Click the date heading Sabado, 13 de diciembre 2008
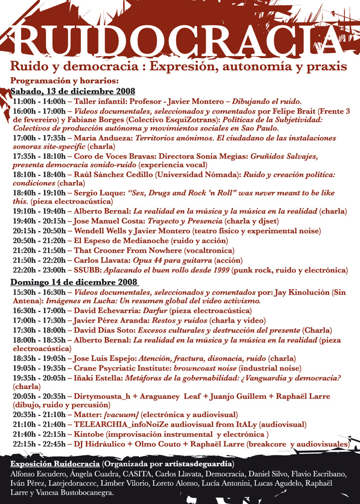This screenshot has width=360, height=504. [x=73, y=91]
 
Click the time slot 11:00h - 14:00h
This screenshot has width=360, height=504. [x=39, y=101]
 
